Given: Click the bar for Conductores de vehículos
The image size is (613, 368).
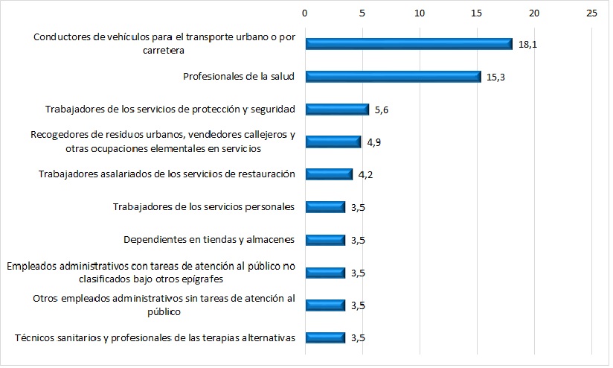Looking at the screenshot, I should pos(408,44).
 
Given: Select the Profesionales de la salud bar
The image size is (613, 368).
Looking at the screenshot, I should pos(393,77).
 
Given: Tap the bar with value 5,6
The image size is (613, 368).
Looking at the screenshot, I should pos(337,110).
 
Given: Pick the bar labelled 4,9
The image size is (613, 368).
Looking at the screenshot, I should pos(333,142).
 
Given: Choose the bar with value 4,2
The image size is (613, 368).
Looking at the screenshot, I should pos(329,174).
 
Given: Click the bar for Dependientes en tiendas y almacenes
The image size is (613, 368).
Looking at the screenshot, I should pos(325,240).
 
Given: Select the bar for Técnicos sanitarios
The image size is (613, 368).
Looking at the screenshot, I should pos(325,337).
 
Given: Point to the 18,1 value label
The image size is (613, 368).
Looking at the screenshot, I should pos(527,45).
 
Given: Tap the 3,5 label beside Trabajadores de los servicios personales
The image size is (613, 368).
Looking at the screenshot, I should pos(358,208).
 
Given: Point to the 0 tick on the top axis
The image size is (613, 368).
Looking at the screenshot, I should pos(304,13).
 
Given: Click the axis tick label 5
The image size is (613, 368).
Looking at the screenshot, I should pos(362,13).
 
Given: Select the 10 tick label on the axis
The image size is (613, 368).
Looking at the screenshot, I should pos(420,13).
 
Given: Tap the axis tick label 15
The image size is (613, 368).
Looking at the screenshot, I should pos(477,13).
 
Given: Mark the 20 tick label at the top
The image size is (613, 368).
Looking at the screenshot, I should pos(534,13).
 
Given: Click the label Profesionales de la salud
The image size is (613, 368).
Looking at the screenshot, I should pos(239,76).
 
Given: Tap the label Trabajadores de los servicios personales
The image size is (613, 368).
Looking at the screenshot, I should pos(204,206).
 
